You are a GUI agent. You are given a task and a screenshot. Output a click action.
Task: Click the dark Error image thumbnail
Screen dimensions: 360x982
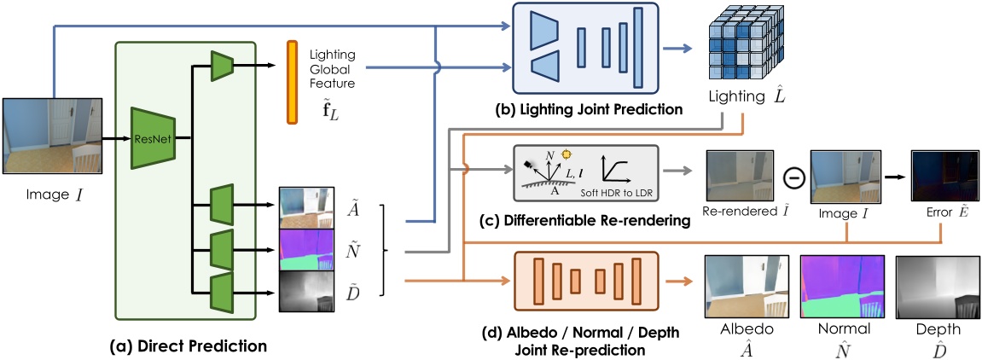[x=943, y=177]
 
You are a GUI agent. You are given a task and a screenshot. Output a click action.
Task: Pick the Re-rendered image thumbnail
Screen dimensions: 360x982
[x=740, y=177]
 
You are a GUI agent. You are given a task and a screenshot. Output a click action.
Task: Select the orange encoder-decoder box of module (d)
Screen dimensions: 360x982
[x=585, y=281]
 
